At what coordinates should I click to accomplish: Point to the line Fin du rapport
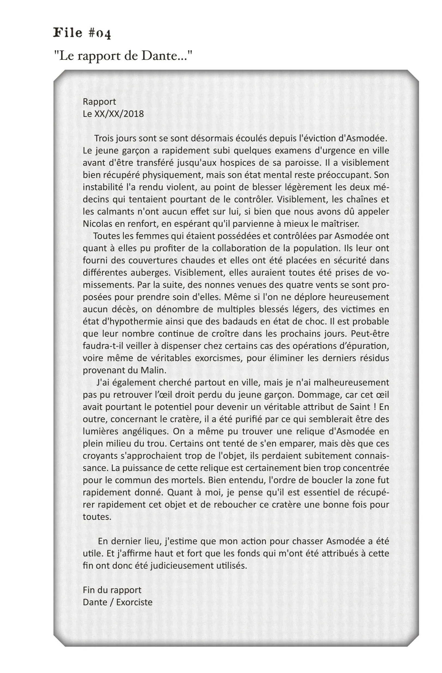[112, 590]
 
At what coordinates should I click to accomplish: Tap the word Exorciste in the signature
[134, 602]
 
